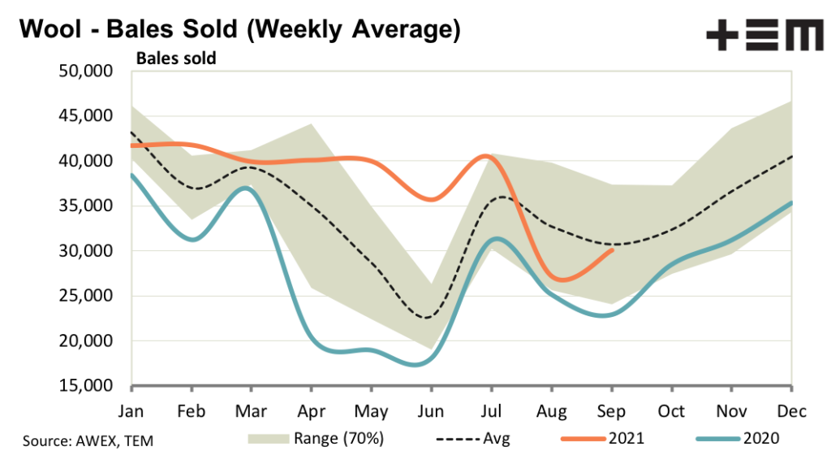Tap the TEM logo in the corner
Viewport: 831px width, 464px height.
764,36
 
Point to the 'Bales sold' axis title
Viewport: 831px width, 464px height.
175,59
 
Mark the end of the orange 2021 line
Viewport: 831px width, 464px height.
612,250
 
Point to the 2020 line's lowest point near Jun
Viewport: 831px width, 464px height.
418,365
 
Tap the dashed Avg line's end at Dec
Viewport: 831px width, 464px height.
791,157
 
